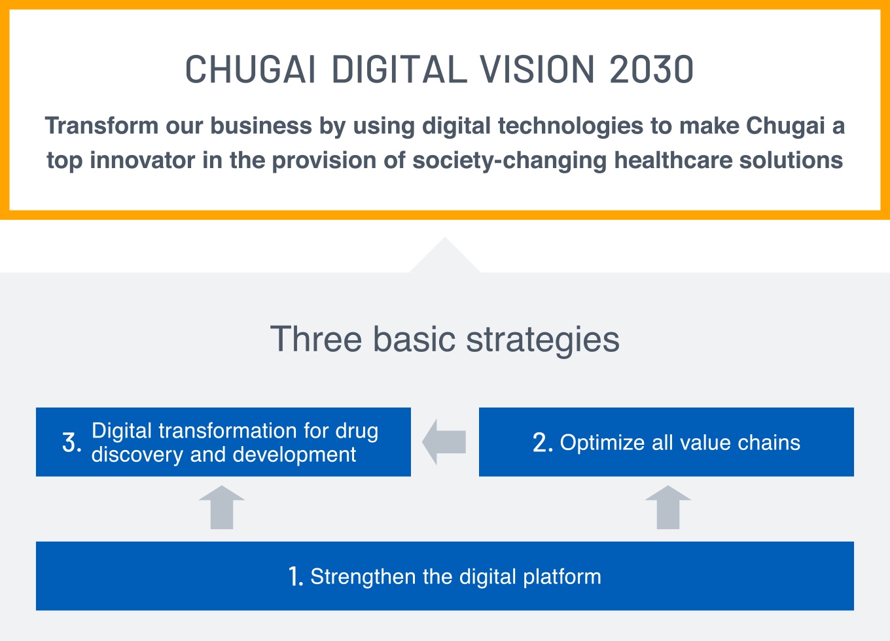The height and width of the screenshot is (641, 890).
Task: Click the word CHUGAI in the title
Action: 250,69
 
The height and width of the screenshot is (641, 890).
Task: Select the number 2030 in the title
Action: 652,69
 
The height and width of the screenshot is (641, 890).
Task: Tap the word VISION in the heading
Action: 537,69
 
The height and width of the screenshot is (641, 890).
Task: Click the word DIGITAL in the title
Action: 399,69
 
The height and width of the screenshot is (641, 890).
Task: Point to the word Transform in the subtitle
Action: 101,126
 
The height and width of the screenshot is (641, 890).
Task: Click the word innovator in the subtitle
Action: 142,160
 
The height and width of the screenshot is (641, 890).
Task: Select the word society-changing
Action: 510,161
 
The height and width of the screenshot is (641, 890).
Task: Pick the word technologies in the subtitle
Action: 571,126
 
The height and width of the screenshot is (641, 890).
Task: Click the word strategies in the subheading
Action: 543,340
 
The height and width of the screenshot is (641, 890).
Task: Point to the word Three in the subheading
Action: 316,339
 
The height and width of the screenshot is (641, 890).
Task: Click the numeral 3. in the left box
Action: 72,442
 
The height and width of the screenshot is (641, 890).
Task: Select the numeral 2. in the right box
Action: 543,442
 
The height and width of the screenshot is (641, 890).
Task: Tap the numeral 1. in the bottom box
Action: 296,576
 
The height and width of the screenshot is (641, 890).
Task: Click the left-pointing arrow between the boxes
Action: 444,442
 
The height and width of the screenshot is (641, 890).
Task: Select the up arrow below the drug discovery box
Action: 222,507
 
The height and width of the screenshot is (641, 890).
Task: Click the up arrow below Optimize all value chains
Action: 668,507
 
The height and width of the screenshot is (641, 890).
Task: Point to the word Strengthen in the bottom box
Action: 363,577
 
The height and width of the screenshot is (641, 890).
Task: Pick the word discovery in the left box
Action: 137,455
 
